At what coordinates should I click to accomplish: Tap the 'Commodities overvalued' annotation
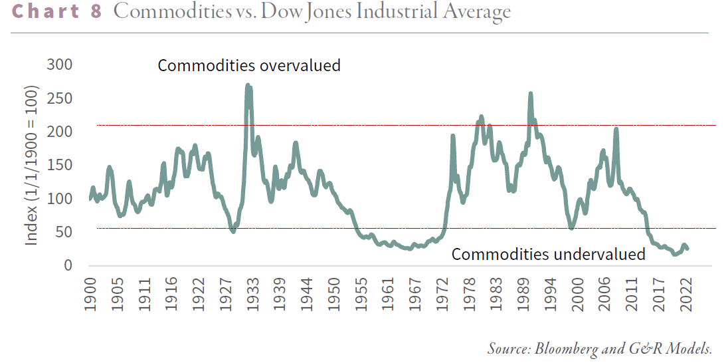(x=248, y=66)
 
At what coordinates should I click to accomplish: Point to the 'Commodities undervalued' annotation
(x=548, y=254)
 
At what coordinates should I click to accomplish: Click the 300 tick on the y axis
(x=60, y=65)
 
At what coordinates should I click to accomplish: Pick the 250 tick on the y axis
(x=60, y=98)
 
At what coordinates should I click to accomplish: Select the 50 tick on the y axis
(x=64, y=232)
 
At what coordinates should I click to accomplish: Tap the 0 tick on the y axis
(x=68, y=265)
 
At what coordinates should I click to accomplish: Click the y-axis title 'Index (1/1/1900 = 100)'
(x=31, y=165)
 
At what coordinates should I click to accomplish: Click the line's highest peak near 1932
(x=248, y=85)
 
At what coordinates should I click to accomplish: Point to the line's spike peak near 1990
(x=530, y=94)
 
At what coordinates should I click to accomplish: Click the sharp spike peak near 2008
(x=616, y=129)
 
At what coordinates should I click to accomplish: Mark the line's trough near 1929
(x=232, y=231)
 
